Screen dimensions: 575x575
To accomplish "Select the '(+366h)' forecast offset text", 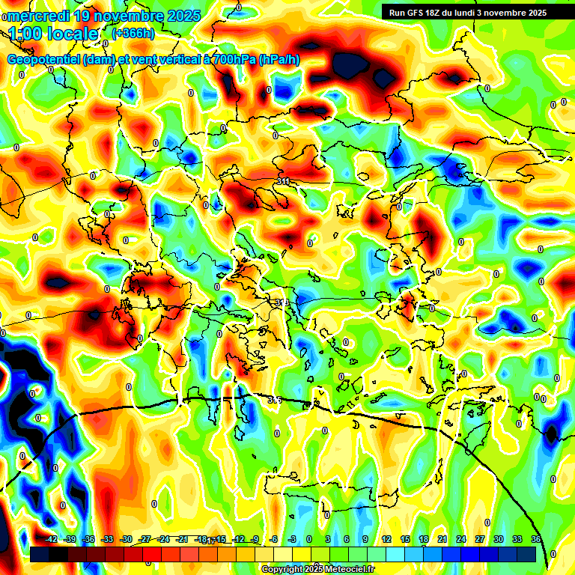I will point(133,33).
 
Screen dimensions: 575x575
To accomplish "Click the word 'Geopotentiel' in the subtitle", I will point(44,60).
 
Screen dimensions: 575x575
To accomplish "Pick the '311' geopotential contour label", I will point(283,181).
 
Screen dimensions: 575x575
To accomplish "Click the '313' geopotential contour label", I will point(282,302).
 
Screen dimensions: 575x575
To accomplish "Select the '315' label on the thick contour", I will point(275,401).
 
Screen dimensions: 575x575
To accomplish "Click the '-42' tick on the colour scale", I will point(51,539).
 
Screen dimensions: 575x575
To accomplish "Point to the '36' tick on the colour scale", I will point(536,539).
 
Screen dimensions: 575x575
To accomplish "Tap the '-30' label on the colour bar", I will point(126,539).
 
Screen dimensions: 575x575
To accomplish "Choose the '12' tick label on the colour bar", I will point(386,539).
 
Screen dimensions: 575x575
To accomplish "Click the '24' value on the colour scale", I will point(461,539).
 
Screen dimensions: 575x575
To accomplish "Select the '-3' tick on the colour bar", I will point(293,539).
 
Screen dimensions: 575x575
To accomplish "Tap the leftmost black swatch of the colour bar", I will point(40,554).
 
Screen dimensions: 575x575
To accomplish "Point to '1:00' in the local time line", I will point(28,34).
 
